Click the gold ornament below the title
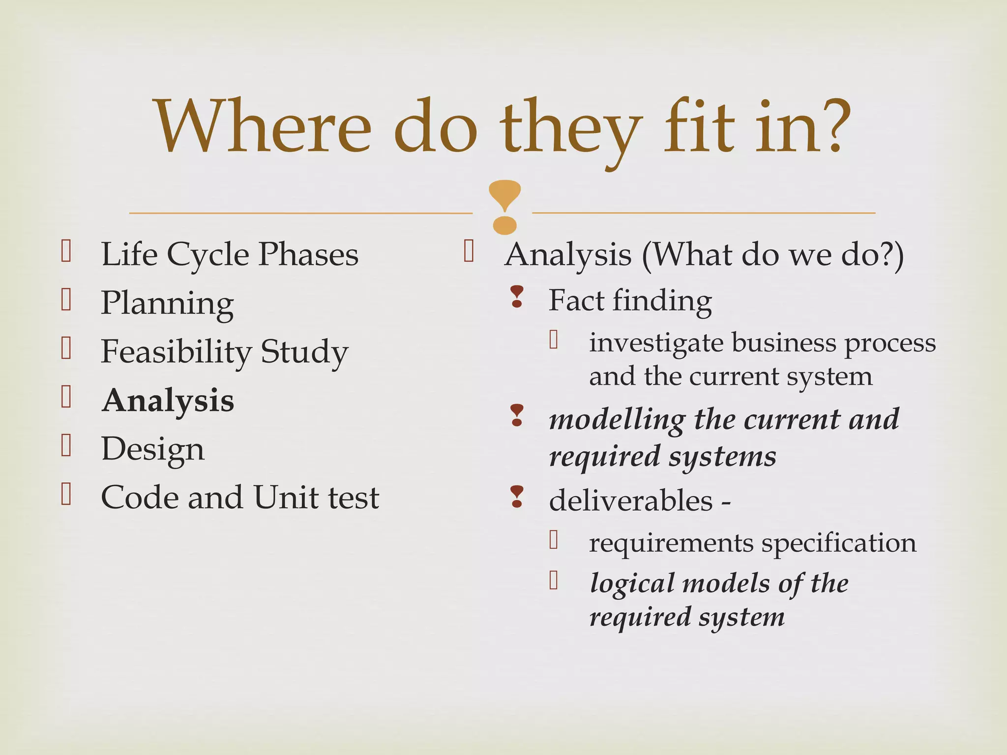(504, 207)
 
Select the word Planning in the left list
(167, 303)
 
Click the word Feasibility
(176, 351)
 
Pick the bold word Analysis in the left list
(168, 400)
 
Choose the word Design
(152, 449)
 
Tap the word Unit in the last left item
(287, 497)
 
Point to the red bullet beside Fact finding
(517, 297)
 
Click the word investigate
(656, 343)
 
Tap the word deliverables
(631, 501)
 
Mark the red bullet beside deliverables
(517, 496)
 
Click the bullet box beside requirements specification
(554, 540)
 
